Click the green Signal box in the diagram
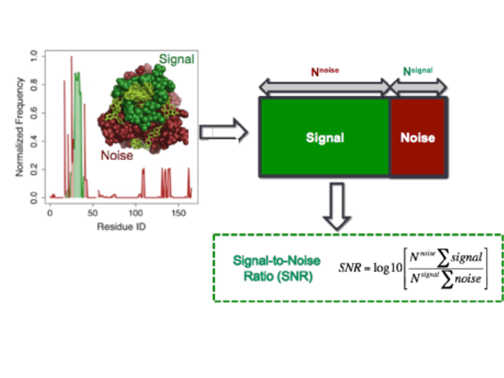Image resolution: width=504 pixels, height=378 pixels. [x=324, y=137]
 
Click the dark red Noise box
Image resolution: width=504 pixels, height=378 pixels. [x=417, y=137]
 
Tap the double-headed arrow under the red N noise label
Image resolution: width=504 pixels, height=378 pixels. [x=324, y=86]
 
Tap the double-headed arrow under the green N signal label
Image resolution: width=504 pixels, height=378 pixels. [x=418, y=86]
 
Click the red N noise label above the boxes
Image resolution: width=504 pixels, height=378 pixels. [x=324, y=70]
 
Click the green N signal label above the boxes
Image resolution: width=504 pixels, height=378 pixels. [x=418, y=70]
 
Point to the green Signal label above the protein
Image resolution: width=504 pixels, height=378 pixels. [x=176, y=59]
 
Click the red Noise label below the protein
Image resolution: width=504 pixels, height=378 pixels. [x=117, y=155]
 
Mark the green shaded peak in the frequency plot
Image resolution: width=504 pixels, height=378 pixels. [x=77, y=118]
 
